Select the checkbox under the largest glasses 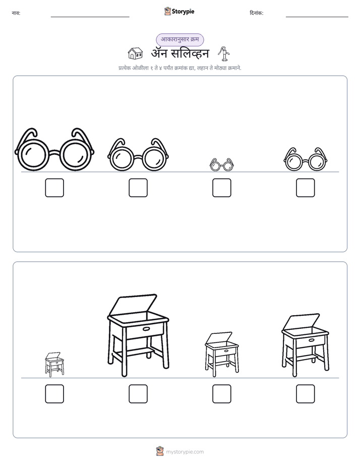tap(54, 188)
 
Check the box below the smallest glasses tap(221, 188)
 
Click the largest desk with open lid tap(138, 335)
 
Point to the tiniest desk tap(54, 364)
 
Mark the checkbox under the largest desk tap(138, 394)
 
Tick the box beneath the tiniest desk tap(54, 394)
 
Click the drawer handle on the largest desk tap(147, 328)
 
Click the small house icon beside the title tap(135, 53)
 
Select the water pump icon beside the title tap(224, 54)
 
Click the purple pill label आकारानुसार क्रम tap(180, 39)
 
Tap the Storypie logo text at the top tap(183, 11)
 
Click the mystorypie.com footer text tap(185, 452)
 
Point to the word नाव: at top tap(16, 13)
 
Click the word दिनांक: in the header tap(257, 13)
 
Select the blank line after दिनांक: tap(317, 17)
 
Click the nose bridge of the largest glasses tap(54, 154)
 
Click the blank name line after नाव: tap(90, 17)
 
